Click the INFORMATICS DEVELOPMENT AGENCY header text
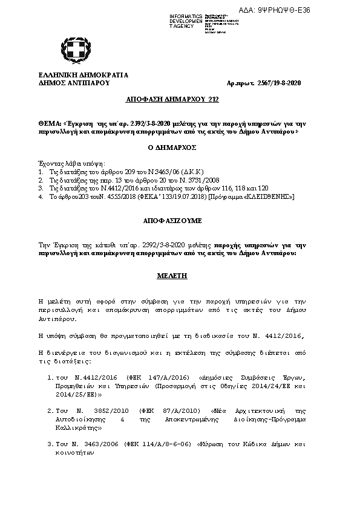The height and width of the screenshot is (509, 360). tap(186, 21)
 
